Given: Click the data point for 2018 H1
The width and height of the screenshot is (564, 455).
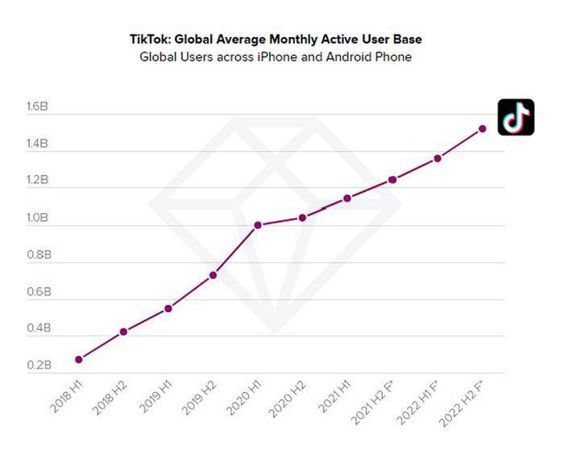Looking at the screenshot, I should coord(78,359).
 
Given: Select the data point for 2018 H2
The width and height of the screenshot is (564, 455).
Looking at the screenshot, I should coord(123,332).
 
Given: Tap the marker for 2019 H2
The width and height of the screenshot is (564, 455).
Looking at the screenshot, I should coord(213,275).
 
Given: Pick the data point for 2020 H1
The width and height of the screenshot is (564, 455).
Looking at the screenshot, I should coord(258,225).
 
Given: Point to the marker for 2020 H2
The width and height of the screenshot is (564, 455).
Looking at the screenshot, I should coord(302,217).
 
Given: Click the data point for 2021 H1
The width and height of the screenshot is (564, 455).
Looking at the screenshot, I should coord(347,198).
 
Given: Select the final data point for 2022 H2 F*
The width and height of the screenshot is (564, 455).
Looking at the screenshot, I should coord(482,128).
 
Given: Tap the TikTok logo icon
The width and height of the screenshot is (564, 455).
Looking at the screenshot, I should coord(516,117).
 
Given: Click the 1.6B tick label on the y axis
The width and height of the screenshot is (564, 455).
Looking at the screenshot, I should coord(38,107).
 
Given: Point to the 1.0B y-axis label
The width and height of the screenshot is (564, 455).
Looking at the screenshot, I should coord(38,218).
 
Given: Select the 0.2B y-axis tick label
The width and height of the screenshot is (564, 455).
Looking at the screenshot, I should coord(38,365).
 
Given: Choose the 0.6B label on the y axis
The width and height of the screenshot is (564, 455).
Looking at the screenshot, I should coord(38,292).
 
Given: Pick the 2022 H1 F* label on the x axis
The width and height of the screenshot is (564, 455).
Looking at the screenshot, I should coord(419,403).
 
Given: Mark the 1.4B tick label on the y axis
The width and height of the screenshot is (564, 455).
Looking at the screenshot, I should coord(38,144).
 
